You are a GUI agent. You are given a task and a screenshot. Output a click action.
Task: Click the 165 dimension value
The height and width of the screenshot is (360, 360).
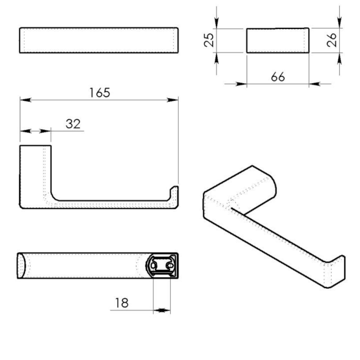[x=99, y=93]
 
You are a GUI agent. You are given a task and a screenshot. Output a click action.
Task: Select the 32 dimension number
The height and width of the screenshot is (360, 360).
[x=73, y=124]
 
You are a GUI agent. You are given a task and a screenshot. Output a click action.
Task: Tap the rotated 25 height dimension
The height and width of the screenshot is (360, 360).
[x=208, y=40]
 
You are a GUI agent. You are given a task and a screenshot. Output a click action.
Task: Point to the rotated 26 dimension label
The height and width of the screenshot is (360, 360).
[x=332, y=40]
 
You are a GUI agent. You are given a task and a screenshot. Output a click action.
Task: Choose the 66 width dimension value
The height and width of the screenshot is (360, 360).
[x=278, y=77]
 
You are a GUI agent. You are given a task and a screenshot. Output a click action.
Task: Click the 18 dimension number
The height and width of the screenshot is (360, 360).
[x=121, y=303]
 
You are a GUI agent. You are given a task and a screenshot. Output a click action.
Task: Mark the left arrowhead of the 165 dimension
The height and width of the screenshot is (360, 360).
[x=25, y=99]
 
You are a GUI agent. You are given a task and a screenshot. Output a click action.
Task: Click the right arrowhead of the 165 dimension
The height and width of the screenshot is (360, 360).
[x=174, y=99]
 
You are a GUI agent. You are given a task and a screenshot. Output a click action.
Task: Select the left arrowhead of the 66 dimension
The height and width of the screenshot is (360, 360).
[x=242, y=84]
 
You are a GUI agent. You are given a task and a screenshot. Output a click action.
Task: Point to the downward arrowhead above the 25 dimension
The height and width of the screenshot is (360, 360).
[x=217, y=25]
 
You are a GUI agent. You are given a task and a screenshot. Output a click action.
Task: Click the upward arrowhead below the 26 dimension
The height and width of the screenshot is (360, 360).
[x=339, y=57]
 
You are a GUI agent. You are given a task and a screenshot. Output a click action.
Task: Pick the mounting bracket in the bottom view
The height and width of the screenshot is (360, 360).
[x=162, y=266]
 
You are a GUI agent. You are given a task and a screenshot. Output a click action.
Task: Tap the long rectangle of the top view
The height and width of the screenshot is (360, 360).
[x=99, y=41]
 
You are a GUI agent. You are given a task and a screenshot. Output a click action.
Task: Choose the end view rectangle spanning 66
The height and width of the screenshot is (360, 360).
[x=278, y=40]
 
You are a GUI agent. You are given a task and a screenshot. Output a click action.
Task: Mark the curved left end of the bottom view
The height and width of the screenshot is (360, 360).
[x=21, y=266]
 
